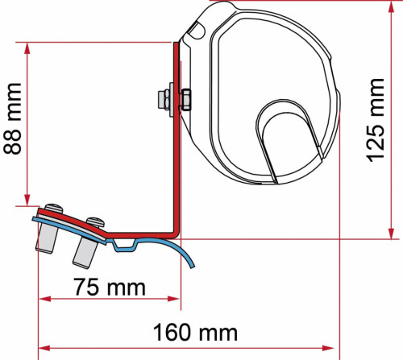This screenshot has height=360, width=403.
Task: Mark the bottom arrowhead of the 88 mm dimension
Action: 27,199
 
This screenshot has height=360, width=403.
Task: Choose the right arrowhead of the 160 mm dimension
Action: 331,347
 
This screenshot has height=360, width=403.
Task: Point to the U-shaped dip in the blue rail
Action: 123,243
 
